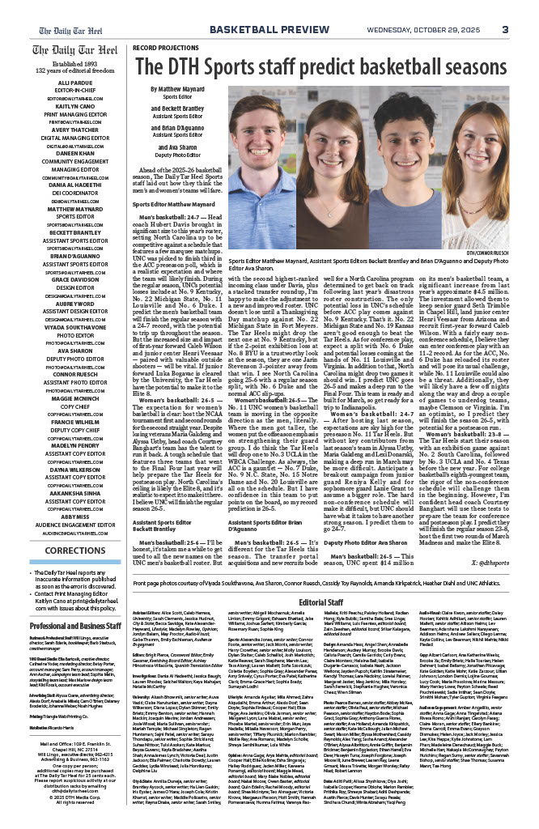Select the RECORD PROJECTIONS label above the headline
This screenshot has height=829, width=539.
[x=165, y=48]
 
